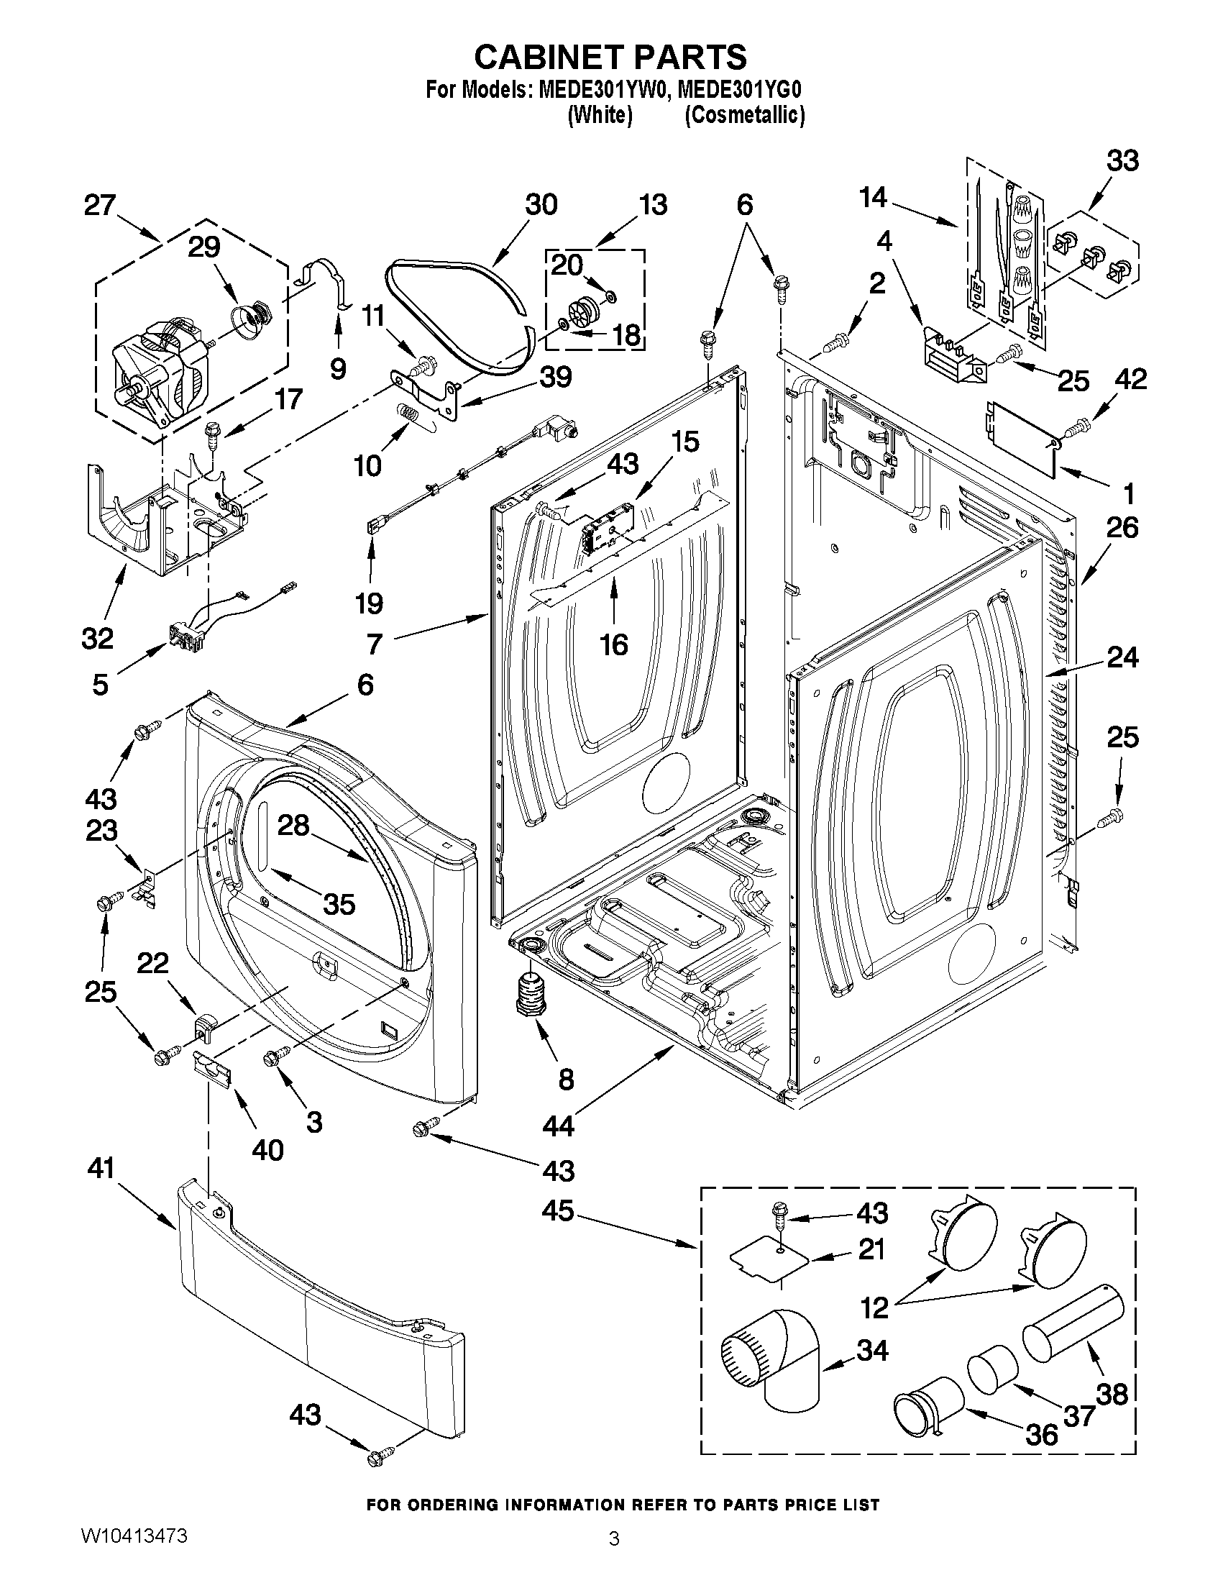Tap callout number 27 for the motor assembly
(x=100, y=205)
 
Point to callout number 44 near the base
(x=557, y=1126)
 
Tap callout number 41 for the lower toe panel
(x=101, y=1169)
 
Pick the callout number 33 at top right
(x=1122, y=160)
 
